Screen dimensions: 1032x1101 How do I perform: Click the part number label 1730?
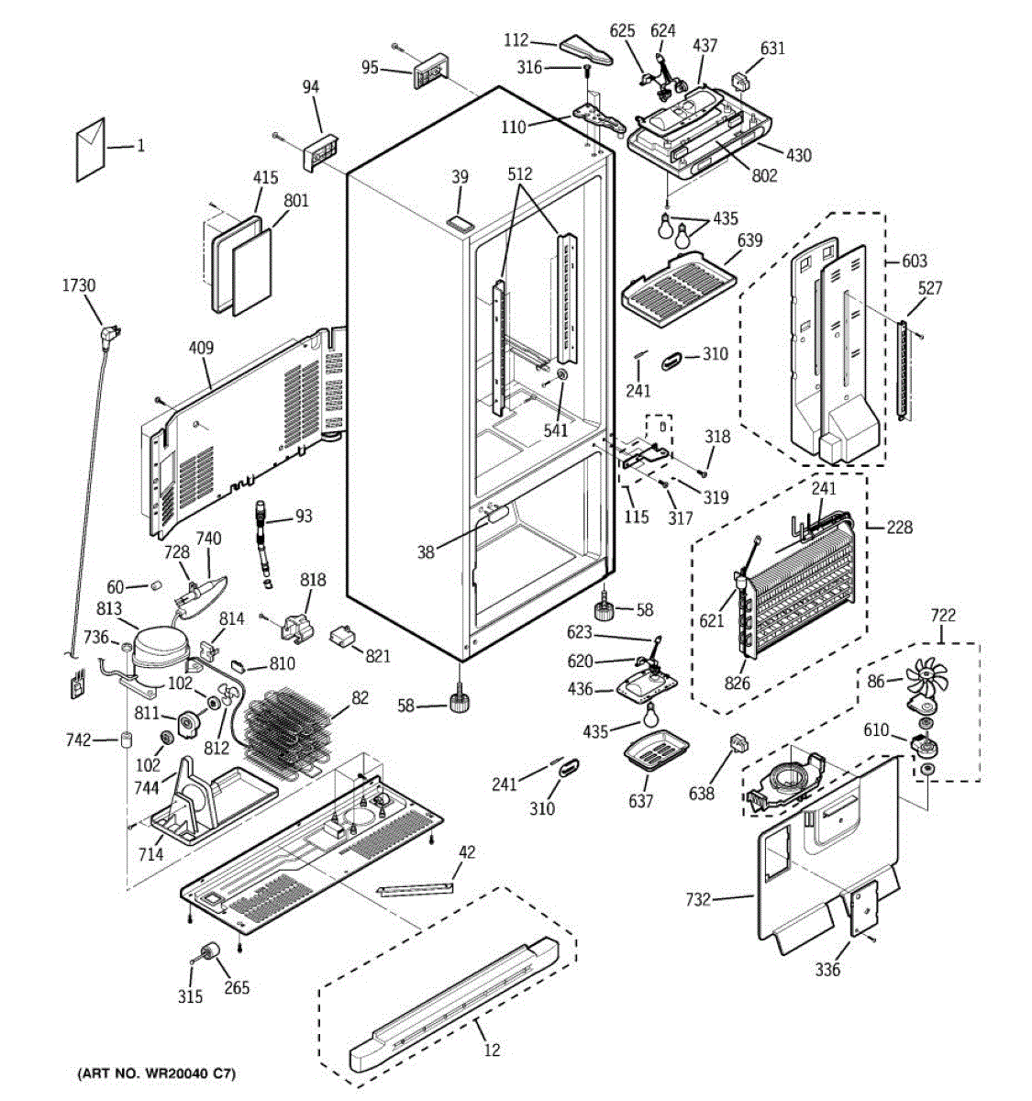[79, 285]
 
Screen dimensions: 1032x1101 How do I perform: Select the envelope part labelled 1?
[91, 150]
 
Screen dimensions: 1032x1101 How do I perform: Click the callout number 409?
[201, 348]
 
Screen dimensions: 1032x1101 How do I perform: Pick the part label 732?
[697, 899]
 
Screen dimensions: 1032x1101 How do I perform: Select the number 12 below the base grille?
[492, 1050]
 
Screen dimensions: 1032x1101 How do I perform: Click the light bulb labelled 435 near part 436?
[652, 714]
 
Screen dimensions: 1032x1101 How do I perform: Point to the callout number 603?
[915, 261]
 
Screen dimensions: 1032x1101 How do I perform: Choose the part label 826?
[737, 683]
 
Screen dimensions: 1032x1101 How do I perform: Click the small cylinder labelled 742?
[127, 740]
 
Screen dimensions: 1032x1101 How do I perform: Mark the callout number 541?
[555, 430]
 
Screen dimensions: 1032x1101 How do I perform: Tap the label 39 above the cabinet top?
[460, 177]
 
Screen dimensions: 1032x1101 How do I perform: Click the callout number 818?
[313, 580]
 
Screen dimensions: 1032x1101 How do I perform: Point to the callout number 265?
[237, 987]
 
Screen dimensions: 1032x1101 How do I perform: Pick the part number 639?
[749, 240]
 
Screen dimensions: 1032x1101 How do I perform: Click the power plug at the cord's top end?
[109, 334]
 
